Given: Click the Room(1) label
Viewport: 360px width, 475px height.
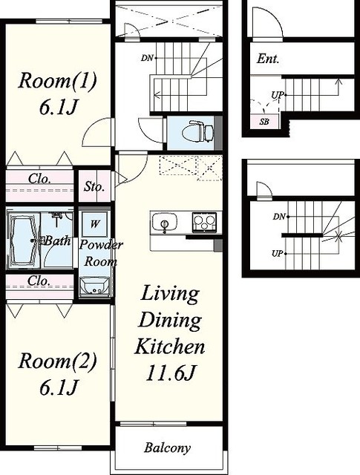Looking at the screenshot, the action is (58, 81).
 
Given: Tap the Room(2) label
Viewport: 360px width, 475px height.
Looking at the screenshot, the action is (58, 361).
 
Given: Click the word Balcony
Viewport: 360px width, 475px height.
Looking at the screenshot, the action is (168, 448).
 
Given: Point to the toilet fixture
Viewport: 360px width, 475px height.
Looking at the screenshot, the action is (198, 132).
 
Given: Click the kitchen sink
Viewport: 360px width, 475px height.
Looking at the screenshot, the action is (165, 222).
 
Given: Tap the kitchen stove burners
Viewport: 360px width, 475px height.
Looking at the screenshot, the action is (204, 222).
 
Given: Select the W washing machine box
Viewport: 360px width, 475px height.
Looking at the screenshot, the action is (95, 224).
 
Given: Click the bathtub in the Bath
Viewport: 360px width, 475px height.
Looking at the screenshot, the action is (22, 240).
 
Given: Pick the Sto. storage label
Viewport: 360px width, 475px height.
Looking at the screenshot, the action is (94, 186).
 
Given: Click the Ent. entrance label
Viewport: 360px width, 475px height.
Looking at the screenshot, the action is (268, 59).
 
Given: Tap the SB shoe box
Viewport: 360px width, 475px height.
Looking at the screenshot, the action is (264, 122).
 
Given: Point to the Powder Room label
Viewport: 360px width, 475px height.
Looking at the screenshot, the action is (101, 253).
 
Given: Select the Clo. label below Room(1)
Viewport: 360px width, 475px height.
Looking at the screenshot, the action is (39, 179).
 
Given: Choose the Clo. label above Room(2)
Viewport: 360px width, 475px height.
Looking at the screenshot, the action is (39, 281).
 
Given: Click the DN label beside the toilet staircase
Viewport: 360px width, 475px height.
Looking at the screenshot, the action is (147, 58).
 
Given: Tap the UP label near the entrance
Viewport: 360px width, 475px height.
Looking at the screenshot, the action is (278, 96).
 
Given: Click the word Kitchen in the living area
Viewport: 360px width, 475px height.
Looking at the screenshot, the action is (170, 347).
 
